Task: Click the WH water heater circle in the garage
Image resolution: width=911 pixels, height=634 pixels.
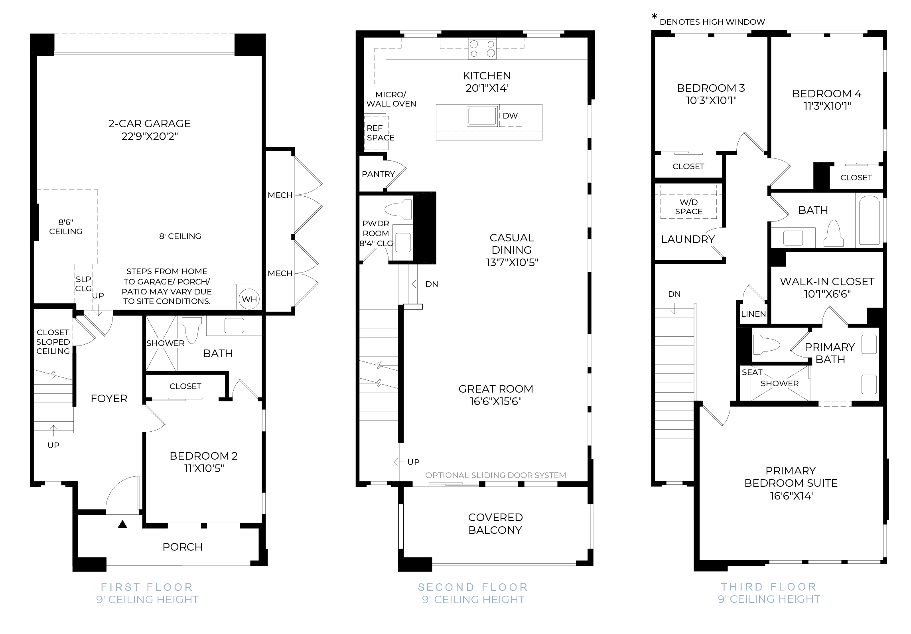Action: (x=249, y=299)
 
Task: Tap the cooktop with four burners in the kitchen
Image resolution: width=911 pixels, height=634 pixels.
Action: (x=482, y=49)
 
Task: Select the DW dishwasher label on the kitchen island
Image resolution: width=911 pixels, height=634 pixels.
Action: (x=510, y=116)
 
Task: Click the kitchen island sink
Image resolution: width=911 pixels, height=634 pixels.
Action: (x=483, y=116)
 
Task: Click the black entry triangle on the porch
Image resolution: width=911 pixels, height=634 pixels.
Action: (x=122, y=525)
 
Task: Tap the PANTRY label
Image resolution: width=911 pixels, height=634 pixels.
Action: (x=378, y=174)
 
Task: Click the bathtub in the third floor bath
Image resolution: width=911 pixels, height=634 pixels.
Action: (x=869, y=220)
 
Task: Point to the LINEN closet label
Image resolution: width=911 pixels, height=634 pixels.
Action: (x=753, y=314)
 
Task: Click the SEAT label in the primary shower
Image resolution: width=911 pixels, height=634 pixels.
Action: (x=752, y=372)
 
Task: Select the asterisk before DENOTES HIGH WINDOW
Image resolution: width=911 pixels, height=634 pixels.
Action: (x=654, y=17)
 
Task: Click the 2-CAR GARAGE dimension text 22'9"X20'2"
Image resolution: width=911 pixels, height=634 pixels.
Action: (x=150, y=136)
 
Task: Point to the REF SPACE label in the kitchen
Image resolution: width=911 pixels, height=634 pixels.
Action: (x=381, y=133)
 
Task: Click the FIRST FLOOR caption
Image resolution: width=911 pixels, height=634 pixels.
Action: (x=147, y=587)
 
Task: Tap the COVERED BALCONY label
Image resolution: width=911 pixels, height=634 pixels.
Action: (x=495, y=523)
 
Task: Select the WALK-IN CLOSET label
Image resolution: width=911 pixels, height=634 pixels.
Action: (x=827, y=282)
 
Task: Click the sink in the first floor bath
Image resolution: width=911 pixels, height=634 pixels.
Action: (x=234, y=326)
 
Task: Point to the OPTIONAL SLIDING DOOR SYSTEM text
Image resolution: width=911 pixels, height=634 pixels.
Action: (x=496, y=475)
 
